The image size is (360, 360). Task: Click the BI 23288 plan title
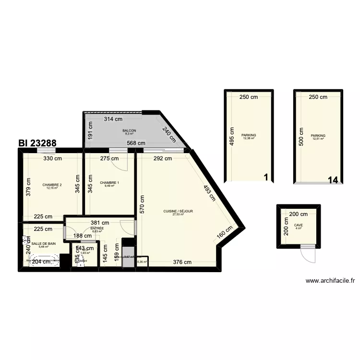pyautogui.click(x=37, y=143)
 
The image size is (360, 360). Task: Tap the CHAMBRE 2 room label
pyautogui.click(x=52, y=185)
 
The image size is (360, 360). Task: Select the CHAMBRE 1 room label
pyautogui.click(x=109, y=182)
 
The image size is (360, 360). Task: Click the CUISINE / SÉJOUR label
pyautogui.click(x=179, y=211)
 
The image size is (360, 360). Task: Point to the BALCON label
pyautogui.click(x=129, y=131)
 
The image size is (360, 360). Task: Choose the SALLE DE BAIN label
pyautogui.click(x=40, y=244)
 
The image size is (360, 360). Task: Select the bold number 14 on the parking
pyautogui.click(x=333, y=180)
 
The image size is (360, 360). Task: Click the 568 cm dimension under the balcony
pyautogui.click(x=136, y=143)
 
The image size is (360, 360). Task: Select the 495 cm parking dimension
pyautogui.click(x=232, y=137)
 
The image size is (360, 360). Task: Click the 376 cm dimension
pyautogui.click(x=182, y=262)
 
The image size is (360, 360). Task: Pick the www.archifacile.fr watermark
pyautogui.click(x=330, y=281)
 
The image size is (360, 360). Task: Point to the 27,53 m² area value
pyautogui.click(x=179, y=215)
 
